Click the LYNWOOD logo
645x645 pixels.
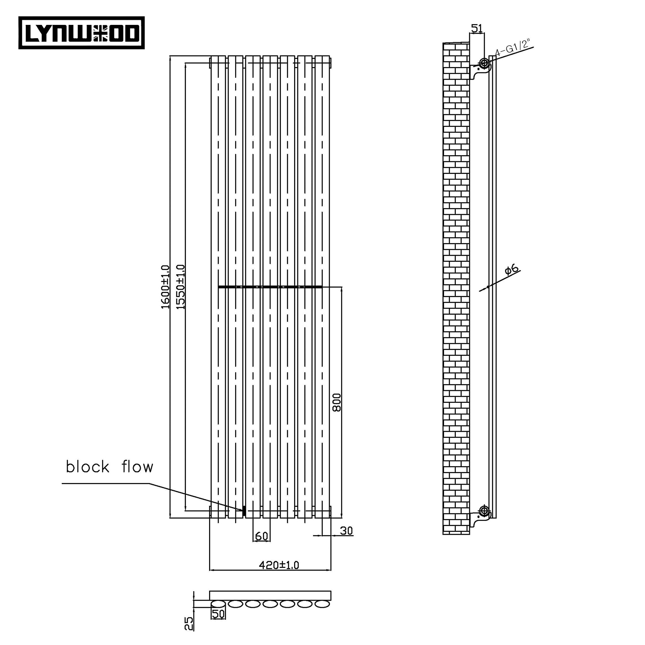tap(82, 33)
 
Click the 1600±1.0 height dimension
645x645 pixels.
tap(166, 287)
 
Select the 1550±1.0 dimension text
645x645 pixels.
tap(180, 287)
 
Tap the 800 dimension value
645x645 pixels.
tap(337, 402)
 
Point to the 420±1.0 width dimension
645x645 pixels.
tap(279, 565)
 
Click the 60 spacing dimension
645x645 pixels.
tap(261, 536)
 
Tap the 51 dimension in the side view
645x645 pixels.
tap(477, 29)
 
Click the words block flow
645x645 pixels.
tap(110, 467)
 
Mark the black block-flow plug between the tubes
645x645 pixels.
tap(244, 511)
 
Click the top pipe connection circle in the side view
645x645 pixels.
tap(484, 63)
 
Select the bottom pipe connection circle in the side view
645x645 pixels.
tap(484, 510)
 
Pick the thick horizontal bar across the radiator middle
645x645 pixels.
tap(271, 287)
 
